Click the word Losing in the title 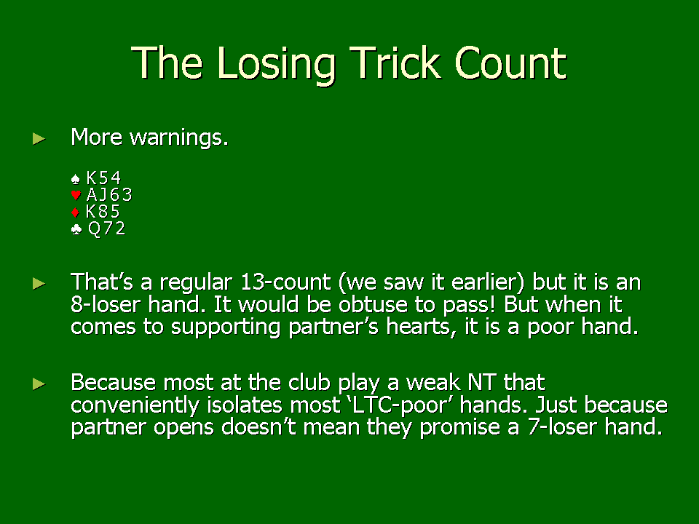tap(277, 65)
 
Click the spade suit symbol tap(75, 179)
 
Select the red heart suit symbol tap(76, 195)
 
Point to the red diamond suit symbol tap(75, 212)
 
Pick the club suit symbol tap(76, 229)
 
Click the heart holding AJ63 tap(109, 195)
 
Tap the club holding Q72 tap(106, 229)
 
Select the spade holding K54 tap(103, 178)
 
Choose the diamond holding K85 tap(103, 211)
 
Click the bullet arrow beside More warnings tap(39, 138)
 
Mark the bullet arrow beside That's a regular tap(39, 283)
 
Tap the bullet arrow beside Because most tap(39, 384)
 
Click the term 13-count tap(285, 282)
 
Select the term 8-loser tap(105, 305)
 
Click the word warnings tap(179, 138)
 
